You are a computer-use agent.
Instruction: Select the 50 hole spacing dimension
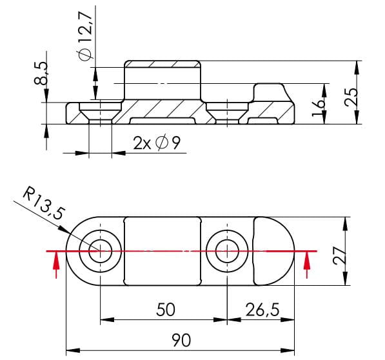[166, 310]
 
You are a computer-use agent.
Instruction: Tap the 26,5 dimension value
[262, 310]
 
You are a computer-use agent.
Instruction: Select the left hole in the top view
[101, 250]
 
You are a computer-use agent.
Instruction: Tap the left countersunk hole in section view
[101, 112]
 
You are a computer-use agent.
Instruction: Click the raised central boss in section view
[164, 81]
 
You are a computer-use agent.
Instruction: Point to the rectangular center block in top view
[164, 250]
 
